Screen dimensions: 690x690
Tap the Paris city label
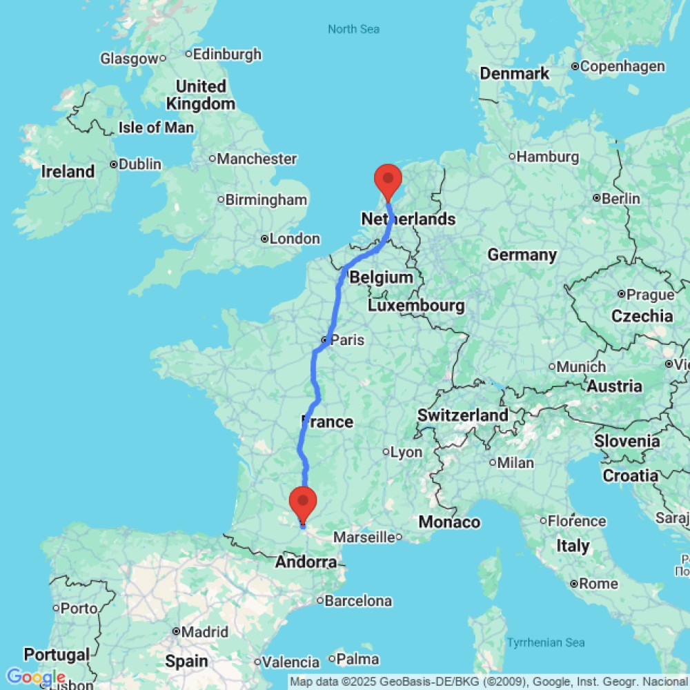[x=346, y=340]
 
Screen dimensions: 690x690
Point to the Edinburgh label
[x=228, y=54]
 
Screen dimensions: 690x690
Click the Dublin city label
[x=140, y=164]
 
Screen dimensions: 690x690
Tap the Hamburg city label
[x=548, y=157]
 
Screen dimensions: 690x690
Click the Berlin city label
[x=621, y=199]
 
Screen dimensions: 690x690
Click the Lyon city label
[x=406, y=452]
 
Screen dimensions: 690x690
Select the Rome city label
[x=598, y=584]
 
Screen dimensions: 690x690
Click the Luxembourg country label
[x=416, y=305]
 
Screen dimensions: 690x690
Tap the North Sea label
[x=353, y=29]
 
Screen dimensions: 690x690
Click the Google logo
[x=35, y=678]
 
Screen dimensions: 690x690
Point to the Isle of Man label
[x=156, y=128]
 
